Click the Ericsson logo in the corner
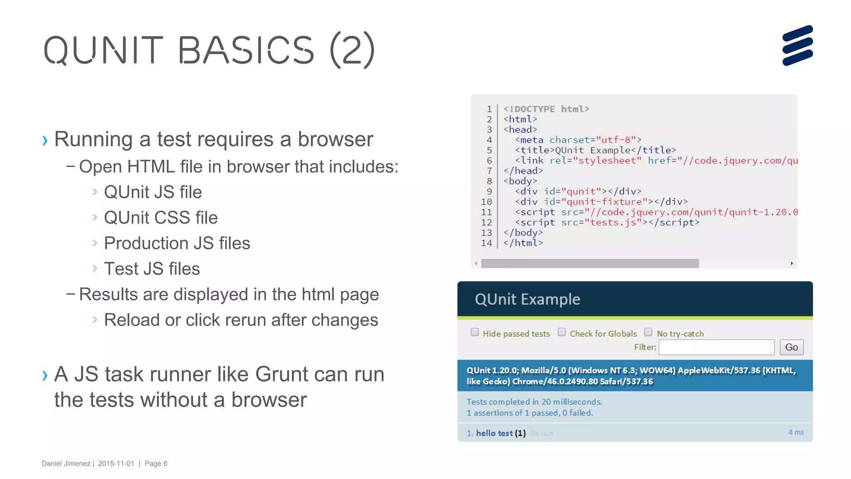(x=797, y=45)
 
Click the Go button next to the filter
(x=791, y=347)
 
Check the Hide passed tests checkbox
(x=475, y=332)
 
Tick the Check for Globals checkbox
(x=561, y=332)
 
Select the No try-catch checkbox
(x=648, y=332)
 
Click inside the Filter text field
(x=716, y=347)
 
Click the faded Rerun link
(x=541, y=433)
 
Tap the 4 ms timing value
(x=796, y=432)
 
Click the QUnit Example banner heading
(x=527, y=299)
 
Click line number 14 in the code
(x=486, y=243)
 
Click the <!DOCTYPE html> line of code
(x=546, y=109)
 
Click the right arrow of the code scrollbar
(x=792, y=263)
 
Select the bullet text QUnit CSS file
(x=160, y=217)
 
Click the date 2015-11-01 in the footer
(x=116, y=463)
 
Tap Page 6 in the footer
(x=156, y=463)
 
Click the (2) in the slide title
(x=352, y=50)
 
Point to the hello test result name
(x=494, y=433)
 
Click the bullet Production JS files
(x=177, y=243)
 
